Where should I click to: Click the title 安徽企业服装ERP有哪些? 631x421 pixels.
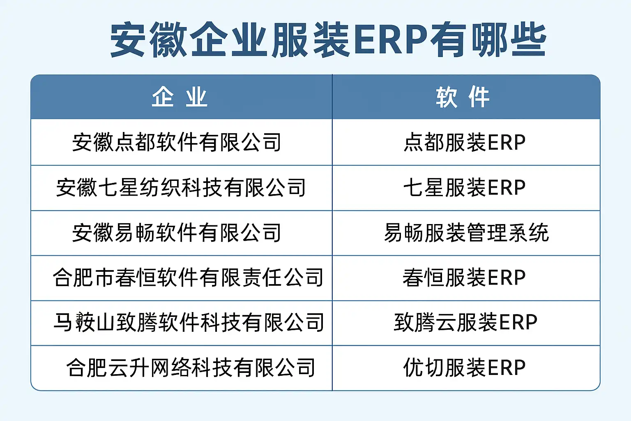pos(328,40)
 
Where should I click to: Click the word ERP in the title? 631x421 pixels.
pos(390,40)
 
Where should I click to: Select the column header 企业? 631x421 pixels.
pos(180,97)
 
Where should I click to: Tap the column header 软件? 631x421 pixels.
pos(463,97)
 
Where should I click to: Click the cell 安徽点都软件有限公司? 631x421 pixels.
pos(177,142)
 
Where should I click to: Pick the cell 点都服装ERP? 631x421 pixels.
pos(465,142)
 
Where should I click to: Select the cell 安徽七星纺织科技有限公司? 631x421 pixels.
pos(181,187)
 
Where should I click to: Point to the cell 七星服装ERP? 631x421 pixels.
pos(465,187)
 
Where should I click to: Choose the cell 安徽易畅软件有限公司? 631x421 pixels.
pos(177,233)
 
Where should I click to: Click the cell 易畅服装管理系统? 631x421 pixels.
pos(467,233)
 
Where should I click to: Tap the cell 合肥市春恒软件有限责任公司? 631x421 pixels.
pos(188,278)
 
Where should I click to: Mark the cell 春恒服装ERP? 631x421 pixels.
pos(464,278)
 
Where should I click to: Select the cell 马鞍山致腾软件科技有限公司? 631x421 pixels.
pos(189,322)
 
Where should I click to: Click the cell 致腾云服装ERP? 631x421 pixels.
pos(465,322)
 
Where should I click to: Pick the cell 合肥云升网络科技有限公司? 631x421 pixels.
pos(191,368)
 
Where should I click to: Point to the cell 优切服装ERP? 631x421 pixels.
pos(465,368)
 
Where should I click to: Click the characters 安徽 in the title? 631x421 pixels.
pos(149,40)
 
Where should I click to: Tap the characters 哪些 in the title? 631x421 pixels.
pos(509,40)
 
